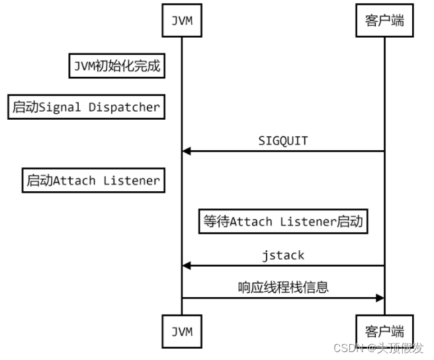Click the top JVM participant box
(182, 21)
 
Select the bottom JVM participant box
(182, 331)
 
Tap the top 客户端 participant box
(384, 21)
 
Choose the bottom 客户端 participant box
(384, 331)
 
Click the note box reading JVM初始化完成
(117, 66)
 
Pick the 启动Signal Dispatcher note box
(87, 107)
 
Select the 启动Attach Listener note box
(93, 180)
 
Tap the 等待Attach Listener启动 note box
(283, 221)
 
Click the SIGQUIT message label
(283, 141)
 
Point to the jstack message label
(283, 255)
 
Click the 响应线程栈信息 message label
(283, 287)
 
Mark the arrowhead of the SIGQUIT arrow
(187, 151)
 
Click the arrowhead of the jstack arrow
(187, 266)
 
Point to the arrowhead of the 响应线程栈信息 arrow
(380, 298)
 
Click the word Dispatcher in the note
(124, 107)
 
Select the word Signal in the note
(60, 107)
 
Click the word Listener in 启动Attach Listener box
(132, 181)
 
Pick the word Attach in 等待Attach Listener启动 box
(251, 222)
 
